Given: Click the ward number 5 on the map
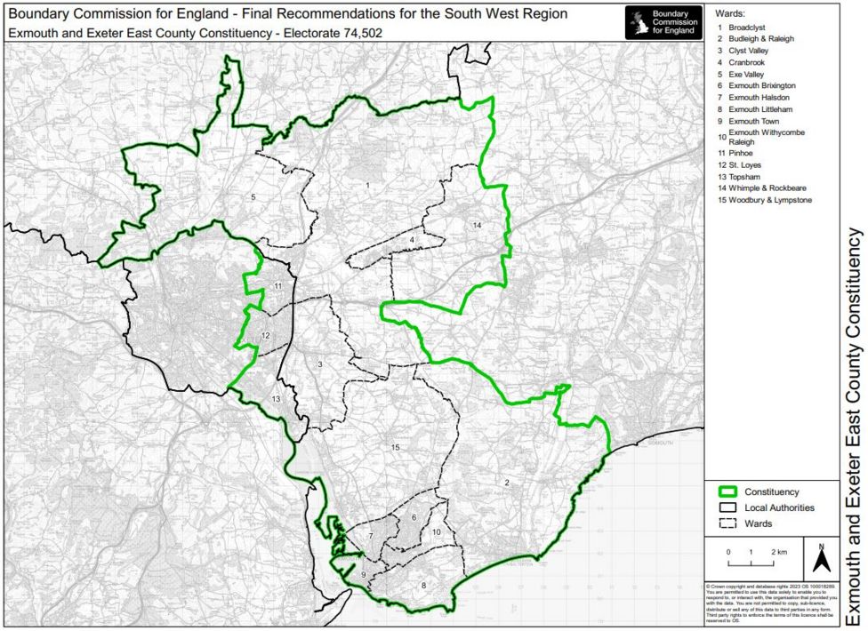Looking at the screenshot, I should (x=253, y=196).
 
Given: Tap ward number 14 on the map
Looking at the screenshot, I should (x=478, y=226).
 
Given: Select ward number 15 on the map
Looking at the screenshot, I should (x=395, y=447).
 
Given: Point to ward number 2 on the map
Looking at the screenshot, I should (x=507, y=483).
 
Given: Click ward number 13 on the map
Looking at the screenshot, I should (x=276, y=399).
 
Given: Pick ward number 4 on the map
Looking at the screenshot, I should (x=412, y=240).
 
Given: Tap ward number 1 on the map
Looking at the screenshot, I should (x=366, y=185).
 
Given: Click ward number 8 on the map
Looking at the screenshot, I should (x=423, y=585).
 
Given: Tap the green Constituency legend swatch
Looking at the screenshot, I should (x=728, y=491).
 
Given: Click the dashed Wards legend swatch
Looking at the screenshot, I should (x=728, y=523).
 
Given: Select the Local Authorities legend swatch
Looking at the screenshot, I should (x=728, y=507).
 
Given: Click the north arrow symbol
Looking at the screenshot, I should (x=822, y=557).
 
